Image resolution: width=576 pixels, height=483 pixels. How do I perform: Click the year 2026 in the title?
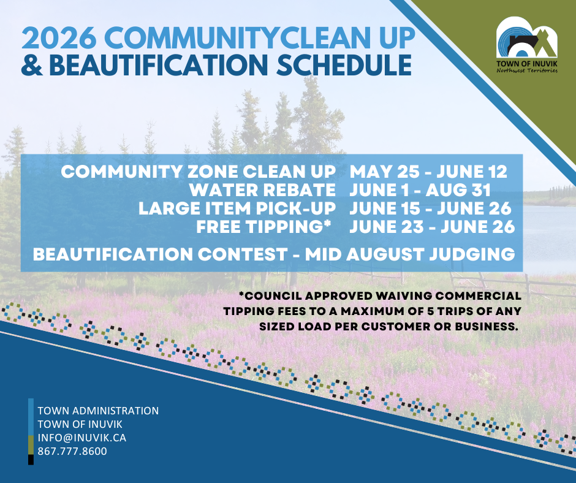[x=59, y=38]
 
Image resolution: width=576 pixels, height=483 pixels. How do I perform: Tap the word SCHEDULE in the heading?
[x=344, y=66]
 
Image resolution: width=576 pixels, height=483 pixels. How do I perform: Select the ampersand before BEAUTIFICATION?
[x=32, y=66]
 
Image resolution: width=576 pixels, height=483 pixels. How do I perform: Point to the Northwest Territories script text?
[x=527, y=70]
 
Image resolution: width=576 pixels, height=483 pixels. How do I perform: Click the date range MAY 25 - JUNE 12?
[x=428, y=172]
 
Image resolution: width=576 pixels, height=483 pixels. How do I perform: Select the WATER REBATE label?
[x=262, y=190]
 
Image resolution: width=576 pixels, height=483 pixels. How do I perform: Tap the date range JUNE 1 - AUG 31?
[x=420, y=190]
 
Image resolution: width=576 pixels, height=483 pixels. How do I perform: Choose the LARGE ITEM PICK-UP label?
[x=237, y=208]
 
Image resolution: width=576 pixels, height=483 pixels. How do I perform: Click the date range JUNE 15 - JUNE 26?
[x=430, y=208]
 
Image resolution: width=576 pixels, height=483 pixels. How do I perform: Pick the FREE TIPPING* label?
[x=263, y=226]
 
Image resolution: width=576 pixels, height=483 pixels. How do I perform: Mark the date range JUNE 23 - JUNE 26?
[x=432, y=226]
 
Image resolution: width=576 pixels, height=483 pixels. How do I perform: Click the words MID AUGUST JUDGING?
[x=410, y=254]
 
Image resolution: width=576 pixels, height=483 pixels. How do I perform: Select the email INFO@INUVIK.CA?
[x=82, y=438]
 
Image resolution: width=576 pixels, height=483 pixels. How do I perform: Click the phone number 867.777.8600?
[x=72, y=451]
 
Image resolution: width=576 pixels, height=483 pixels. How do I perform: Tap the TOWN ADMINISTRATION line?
[x=98, y=411]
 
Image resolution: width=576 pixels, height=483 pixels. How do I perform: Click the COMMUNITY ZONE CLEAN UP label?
[x=199, y=172]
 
